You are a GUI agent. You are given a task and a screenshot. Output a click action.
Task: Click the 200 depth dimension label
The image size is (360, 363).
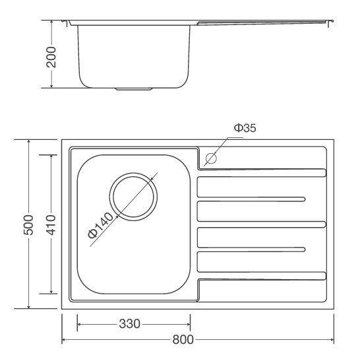tap(51, 57)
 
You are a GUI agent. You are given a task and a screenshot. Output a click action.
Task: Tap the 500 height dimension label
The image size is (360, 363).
tap(28, 225)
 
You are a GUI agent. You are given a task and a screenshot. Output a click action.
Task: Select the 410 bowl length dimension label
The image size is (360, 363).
tap(51, 225)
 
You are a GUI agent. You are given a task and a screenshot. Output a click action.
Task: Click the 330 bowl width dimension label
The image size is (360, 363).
tap(129, 323)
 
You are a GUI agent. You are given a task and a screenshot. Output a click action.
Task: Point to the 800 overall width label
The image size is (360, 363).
tap(183, 340)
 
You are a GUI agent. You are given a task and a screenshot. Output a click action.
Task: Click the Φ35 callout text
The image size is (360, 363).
tap(245, 128)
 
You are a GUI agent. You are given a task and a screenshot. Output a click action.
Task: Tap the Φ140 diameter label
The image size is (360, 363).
tap(101, 226)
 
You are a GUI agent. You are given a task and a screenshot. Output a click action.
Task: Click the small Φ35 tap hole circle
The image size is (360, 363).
tap(211, 158)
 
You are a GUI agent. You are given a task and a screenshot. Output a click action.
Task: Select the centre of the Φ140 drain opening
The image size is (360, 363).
tap(133, 197)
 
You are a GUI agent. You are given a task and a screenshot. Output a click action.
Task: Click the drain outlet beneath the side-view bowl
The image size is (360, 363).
tap(134, 89)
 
